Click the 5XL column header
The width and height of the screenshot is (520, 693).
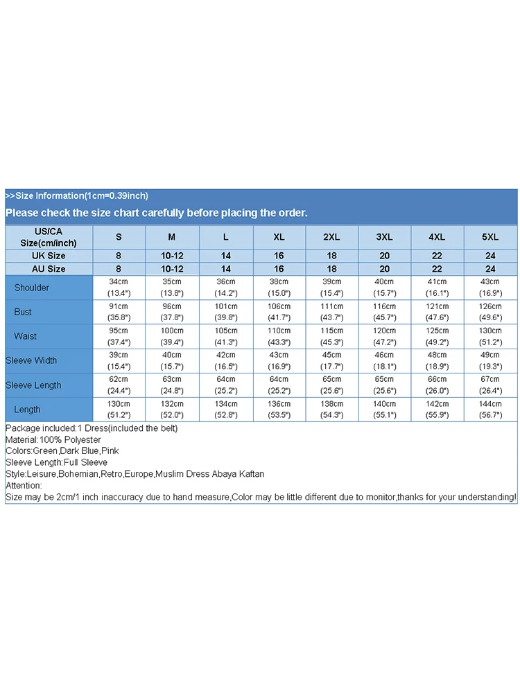click(490, 237)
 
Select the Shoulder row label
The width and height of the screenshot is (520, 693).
click(32, 288)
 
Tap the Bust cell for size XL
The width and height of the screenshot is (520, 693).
click(279, 312)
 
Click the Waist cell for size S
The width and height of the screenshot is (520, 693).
click(119, 336)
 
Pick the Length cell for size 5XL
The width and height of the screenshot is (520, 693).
click(490, 409)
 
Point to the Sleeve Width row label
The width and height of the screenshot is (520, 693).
click(31, 360)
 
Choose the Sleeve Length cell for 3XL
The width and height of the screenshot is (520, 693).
click(384, 385)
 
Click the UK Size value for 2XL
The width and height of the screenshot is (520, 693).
click(331, 256)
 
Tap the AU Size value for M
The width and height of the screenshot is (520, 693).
click(172, 269)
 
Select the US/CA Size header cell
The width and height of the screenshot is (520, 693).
click(48, 237)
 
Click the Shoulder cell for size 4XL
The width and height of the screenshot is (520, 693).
click(437, 288)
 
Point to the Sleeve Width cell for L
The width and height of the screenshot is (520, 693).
click(225, 360)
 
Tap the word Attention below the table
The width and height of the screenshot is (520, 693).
click(23, 486)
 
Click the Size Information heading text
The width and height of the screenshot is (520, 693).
click(77, 195)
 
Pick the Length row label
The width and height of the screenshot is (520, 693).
click(27, 410)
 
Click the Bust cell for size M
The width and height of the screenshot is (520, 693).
click(172, 312)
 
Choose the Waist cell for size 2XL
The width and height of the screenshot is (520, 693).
click(331, 336)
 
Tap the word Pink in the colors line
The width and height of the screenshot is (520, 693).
click(110, 451)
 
